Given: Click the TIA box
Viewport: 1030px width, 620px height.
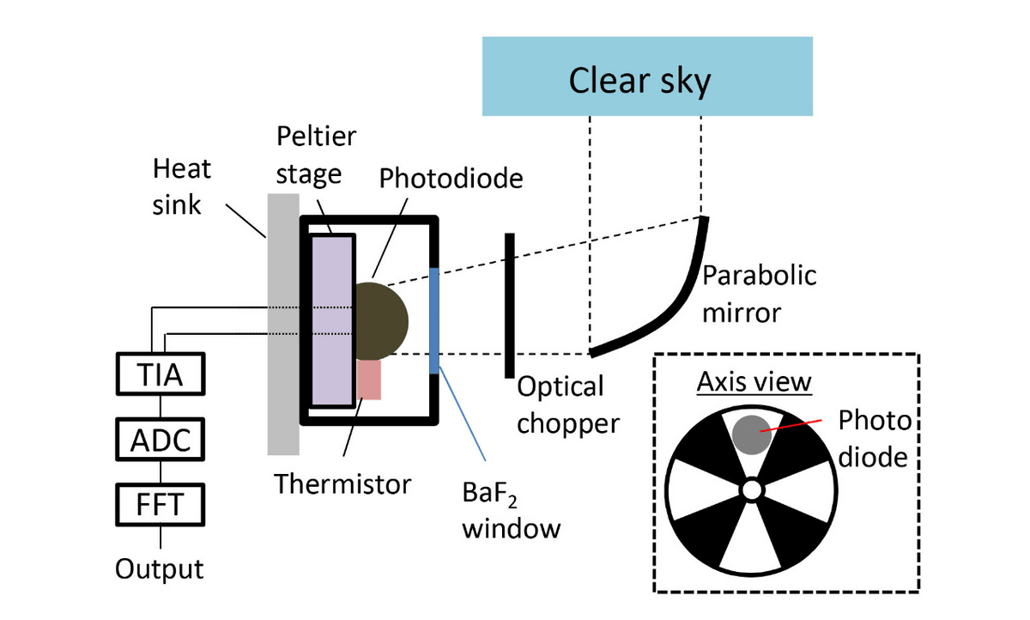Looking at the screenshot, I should point(161,376).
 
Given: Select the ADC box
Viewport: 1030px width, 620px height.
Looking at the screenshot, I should point(161,441).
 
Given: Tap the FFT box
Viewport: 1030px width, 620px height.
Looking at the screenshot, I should point(161,504).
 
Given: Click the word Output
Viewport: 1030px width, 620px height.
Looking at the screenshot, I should point(161,568).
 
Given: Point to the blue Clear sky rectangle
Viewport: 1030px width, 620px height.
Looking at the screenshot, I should point(647,76).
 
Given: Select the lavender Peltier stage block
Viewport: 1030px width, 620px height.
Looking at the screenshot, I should point(332,319).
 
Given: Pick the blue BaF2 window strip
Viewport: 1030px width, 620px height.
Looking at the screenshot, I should point(434,319).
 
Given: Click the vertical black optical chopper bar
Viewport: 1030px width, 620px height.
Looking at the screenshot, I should point(509,304).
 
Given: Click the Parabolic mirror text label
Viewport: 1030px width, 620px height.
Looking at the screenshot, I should point(759,294).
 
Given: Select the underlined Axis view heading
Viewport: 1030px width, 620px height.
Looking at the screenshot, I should point(754,382).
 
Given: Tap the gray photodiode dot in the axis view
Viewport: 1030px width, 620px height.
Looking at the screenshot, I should point(751,433).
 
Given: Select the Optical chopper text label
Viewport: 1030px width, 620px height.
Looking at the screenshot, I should point(567,404).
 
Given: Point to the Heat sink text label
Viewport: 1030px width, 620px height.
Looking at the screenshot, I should point(181,186).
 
